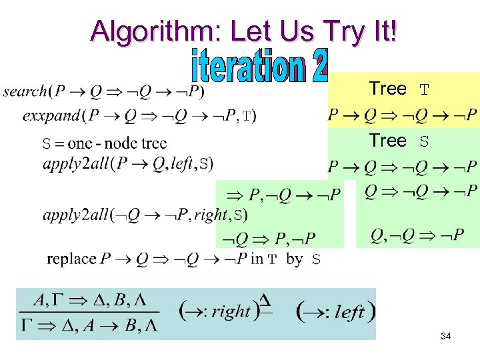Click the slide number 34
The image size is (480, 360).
445,337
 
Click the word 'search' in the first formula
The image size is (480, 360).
25,91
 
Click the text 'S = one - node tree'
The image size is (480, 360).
105,143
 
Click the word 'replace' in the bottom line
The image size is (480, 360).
71,259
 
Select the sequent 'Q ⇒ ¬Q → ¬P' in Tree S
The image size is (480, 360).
421,191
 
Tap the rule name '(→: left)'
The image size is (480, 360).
336,311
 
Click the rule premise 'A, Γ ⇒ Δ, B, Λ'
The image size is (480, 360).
91,301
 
